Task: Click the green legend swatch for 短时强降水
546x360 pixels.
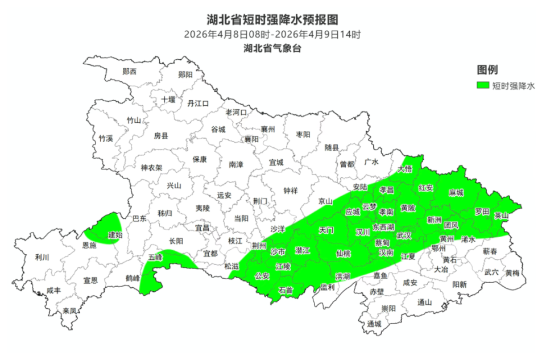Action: pyautogui.click(x=483, y=86)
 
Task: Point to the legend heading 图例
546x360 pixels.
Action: pyautogui.click(x=487, y=70)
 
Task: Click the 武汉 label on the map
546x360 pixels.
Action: pyautogui.click(x=404, y=235)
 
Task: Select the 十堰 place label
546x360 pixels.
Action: pyautogui.click(x=168, y=99)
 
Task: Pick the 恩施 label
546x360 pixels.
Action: pyautogui.click(x=89, y=246)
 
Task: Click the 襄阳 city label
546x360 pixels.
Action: pyautogui.click(x=251, y=139)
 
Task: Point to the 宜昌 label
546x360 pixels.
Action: pyautogui.click(x=202, y=227)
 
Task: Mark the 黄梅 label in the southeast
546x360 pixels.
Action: pyautogui.click(x=512, y=273)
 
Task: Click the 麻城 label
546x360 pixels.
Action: pyautogui.click(x=456, y=193)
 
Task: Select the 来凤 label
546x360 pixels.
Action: pyautogui.click(x=69, y=311)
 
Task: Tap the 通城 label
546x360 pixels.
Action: pyautogui.click(x=374, y=324)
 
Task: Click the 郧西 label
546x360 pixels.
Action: pyautogui.click(x=130, y=72)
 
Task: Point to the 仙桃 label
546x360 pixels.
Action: pyautogui.click(x=344, y=253)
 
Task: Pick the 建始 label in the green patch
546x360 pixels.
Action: pyautogui.click(x=115, y=234)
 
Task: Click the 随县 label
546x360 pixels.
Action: pyautogui.click(x=332, y=148)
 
